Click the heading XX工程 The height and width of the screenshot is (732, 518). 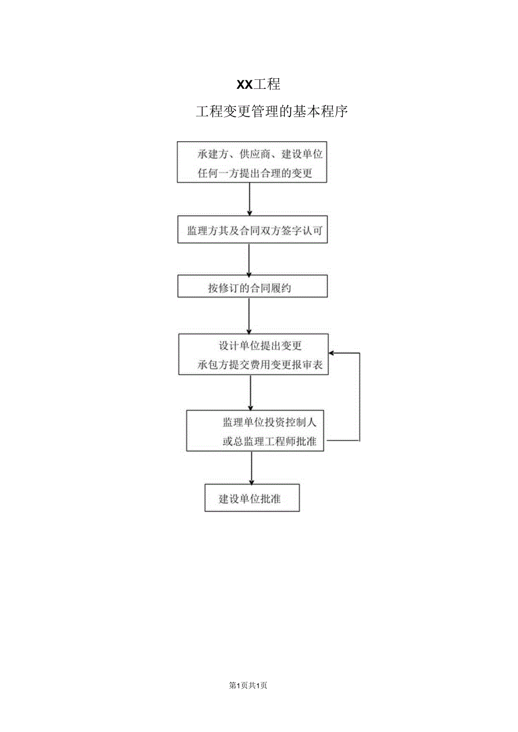[x=258, y=85]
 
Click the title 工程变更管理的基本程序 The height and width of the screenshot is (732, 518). [x=272, y=112]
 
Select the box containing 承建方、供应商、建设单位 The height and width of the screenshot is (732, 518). [x=252, y=161]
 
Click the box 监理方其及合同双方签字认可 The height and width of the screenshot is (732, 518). [x=252, y=230]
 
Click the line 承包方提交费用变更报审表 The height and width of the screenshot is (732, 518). [x=260, y=365]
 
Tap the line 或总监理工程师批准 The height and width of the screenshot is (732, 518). [x=269, y=442]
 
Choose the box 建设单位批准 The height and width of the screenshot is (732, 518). [x=252, y=499]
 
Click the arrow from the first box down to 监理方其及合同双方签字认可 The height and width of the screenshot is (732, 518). [x=249, y=199]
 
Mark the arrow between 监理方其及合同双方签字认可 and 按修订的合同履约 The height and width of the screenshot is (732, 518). [x=249, y=259]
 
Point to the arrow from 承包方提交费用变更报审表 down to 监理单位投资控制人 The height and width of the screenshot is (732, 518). [x=251, y=392]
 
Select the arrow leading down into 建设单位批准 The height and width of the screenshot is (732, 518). [x=251, y=468]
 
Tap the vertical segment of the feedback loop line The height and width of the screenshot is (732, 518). [x=359, y=397]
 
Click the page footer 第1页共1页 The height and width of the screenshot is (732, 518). [x=248, y=685]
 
